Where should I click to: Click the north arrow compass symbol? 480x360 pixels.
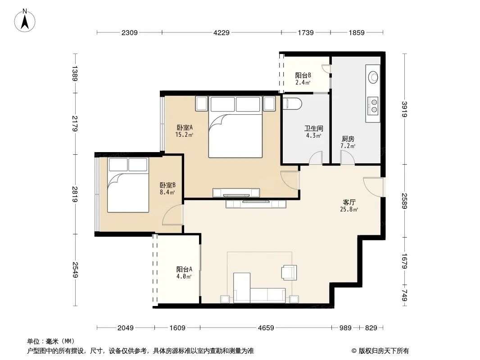(x=25, y=21)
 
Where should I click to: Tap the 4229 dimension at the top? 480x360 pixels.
(x=222, y=33)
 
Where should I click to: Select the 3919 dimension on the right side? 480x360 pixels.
(x=404, y=109)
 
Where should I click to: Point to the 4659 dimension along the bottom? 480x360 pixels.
(x=266, y=328)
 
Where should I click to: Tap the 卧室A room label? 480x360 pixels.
(x=185, y=127)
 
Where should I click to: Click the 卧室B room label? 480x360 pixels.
(x=168, y=185)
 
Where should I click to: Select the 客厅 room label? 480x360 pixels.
(x=349, y=202)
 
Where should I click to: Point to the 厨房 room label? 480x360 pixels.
(x=348, y=139)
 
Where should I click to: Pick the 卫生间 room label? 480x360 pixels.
(x=313, y=128)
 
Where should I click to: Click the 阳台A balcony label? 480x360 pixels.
(x=184, y=269)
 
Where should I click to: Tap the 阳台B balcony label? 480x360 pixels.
(x=303, y=75)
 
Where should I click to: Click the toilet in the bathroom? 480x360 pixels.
(x=292, y=103)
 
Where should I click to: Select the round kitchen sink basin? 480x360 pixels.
(x=373, y=77)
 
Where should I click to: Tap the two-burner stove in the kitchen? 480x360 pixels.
(x=373, y=105)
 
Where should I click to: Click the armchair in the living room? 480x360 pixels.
(x=289, y=272)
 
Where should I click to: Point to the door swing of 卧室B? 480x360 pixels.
(x=173, y=215)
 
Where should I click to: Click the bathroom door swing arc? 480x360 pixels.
(x=316, y=157)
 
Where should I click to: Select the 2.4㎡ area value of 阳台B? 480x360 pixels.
(x=303, y=83)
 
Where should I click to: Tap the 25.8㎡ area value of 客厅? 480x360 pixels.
(x=349, y=210)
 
